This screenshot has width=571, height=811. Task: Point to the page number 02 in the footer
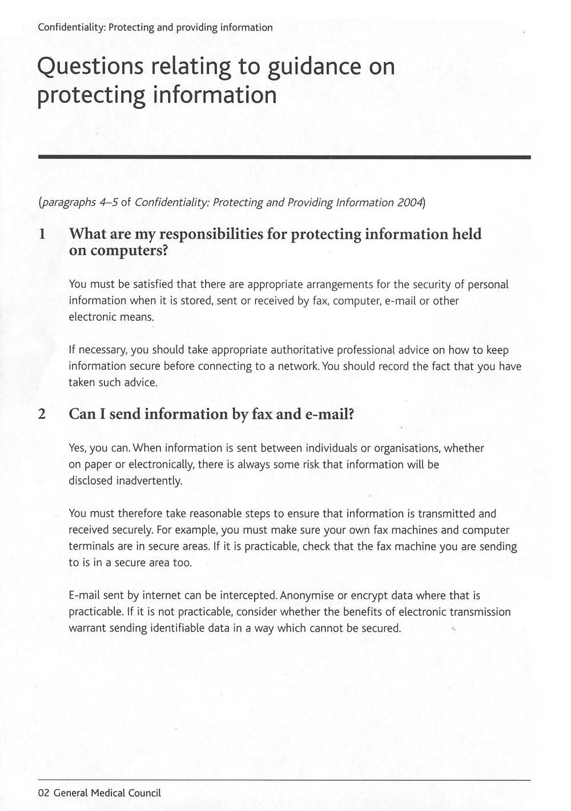coord(44,793)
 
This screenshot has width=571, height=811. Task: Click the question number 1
coord(41,235)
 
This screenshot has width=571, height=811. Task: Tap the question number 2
coord(42,414)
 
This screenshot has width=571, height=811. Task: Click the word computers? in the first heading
coord(126,251)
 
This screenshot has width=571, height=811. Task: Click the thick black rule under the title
coord(284,157)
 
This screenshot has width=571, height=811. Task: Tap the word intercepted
coord(249,596)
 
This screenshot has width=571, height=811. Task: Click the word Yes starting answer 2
coord(77,449)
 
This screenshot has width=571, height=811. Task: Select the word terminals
coord(91,547)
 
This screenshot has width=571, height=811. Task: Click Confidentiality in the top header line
coord(71,27)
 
